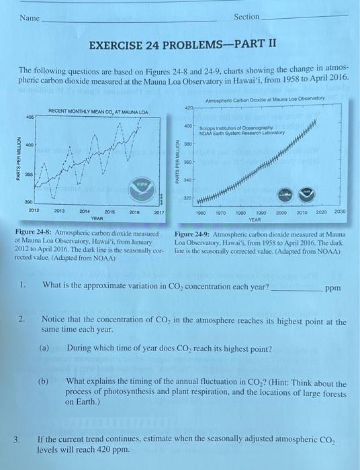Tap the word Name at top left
coord(29,17)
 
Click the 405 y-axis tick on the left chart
coord(29,115)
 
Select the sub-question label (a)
coord(44,349)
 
